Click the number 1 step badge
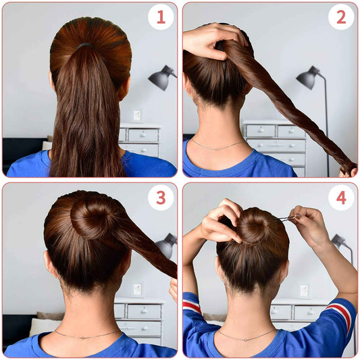[161, 17]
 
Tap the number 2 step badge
[341, 17]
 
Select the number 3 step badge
[161, 197]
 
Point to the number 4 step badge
[341, 197]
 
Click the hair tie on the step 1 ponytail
[84, 45]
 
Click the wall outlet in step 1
[137, 115]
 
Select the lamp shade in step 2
[307, 78]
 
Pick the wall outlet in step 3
[137, 289]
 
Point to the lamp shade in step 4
[340, 242]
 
